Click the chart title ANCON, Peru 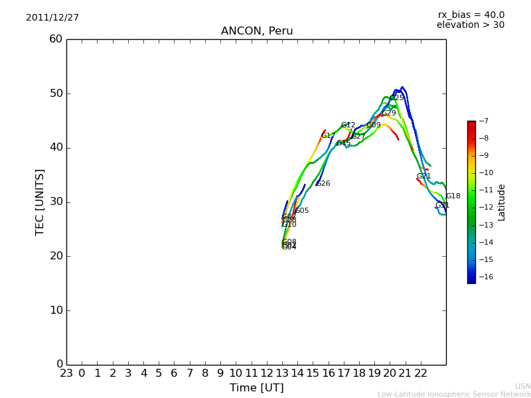[257, 31]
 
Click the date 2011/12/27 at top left [52, 18]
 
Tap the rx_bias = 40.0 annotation [471, 15]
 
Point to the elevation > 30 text [471, 25]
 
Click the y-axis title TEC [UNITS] [40, 202]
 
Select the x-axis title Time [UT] [256, 388]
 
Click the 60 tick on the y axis [56, 39]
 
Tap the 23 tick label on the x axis [66, 373]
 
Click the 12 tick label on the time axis [267, 373]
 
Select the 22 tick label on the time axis [421, 373]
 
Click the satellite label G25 [396, 98]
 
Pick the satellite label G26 [323, 184]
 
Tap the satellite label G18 [453, 196]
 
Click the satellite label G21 [424, 176]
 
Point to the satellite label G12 [348, 125]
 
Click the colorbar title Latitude [502, 202]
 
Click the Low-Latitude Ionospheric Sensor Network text [454, 395]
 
